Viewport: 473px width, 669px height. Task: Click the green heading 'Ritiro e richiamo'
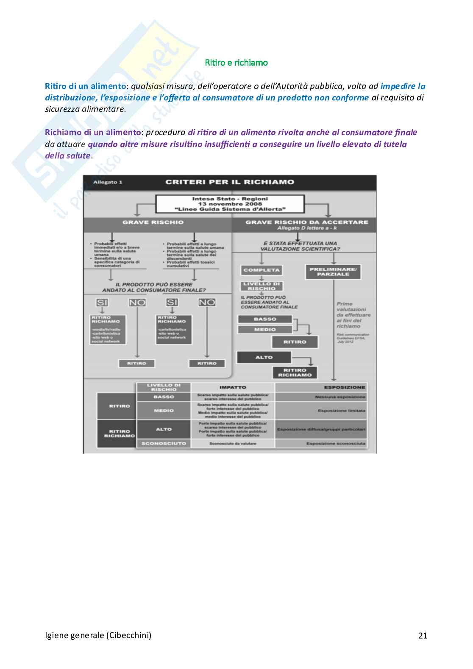236,63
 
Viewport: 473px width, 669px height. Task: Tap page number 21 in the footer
423,636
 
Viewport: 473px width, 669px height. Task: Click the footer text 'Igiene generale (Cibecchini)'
98,635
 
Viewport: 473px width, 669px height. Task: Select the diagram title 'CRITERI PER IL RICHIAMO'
230,182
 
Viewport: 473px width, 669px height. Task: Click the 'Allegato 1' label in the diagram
108,182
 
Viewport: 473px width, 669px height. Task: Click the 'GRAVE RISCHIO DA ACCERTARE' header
306,222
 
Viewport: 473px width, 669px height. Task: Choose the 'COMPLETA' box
262,270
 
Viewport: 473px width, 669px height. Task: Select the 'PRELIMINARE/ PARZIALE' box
333,272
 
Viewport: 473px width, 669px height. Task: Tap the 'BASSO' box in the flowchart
265,319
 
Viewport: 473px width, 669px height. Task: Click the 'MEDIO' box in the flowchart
265,329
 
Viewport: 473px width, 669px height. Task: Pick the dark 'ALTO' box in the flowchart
264,357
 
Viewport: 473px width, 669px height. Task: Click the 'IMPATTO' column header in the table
233,387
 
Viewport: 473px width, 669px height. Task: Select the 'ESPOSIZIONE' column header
344,387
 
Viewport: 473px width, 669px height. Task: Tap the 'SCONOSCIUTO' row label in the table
164,443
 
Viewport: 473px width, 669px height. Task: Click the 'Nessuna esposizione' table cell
340,397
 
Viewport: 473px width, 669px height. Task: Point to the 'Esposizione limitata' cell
341,411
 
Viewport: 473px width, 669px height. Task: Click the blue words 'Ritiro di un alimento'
85,86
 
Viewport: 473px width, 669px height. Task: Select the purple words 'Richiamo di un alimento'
92,132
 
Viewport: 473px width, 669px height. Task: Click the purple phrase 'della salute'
67,155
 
